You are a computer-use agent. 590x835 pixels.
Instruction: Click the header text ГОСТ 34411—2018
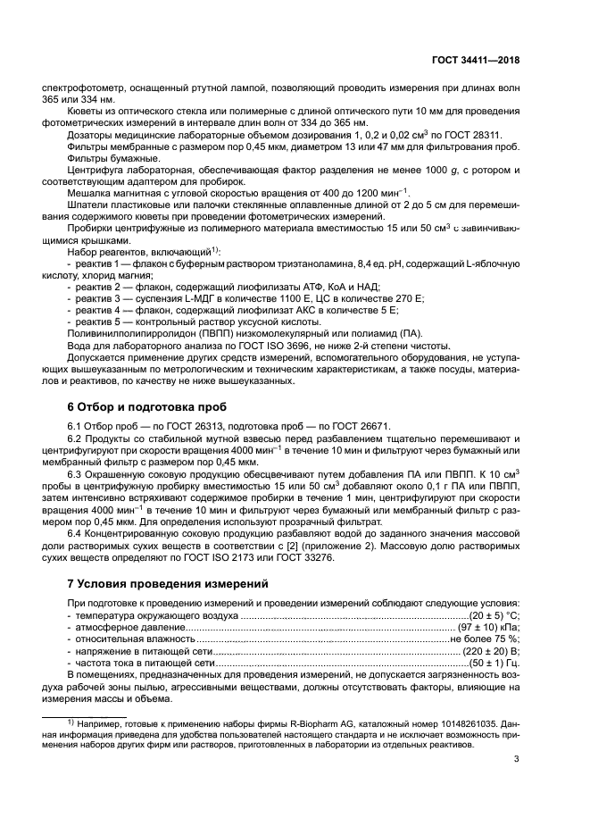pyautogui.click(x=472, y=61)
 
